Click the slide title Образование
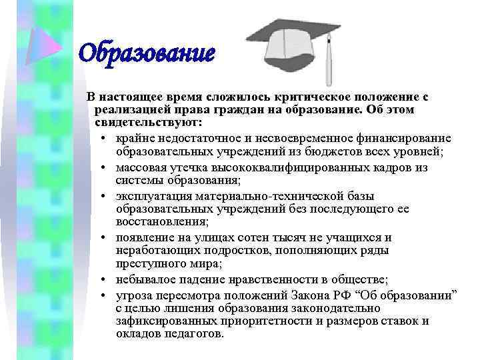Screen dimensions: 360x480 (147, 52)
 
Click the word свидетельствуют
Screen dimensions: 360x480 (139, 123)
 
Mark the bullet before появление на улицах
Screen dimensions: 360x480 (107, 238)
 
